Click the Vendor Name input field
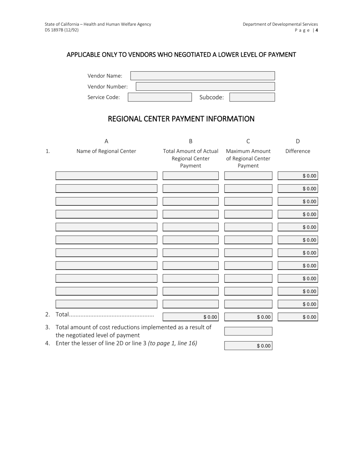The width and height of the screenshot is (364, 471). [202, 76]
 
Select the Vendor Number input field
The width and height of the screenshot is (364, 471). [205, 87]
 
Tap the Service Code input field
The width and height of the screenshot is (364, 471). [159, 97]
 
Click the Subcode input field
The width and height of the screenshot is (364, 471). [252, 97]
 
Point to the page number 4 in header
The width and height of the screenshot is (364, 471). [316, 30]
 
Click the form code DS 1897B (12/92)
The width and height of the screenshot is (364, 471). [62, 30]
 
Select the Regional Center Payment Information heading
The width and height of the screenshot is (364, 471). [181, 119]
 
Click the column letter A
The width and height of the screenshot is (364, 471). [106, 141]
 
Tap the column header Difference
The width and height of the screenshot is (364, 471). [298, 151]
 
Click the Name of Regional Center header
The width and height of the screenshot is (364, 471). [106, 151]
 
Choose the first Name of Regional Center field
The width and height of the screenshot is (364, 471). [106, 176]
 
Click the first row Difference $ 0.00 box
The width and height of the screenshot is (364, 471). [298, 176]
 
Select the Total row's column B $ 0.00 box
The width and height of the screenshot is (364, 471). [190, 317]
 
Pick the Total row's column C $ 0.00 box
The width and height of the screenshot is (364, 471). [248, 317]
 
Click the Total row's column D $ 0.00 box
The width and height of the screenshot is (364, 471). [298, 317]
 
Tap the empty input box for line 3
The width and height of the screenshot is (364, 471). [248, 331]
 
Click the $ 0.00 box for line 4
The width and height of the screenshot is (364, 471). [248, 346]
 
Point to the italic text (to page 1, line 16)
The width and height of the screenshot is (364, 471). [172, 343]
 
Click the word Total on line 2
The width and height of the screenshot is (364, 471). [62, 315]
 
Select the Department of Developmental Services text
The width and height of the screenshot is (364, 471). [280, 24]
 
